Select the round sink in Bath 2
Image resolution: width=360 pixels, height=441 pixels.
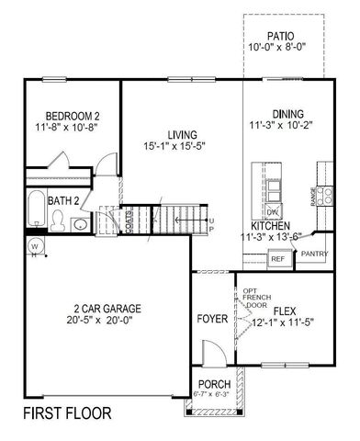(81, 224)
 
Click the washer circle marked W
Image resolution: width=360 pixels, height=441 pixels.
(34, 245)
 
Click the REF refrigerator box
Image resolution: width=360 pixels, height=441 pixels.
(277, 259)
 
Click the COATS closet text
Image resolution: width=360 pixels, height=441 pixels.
(129, 220)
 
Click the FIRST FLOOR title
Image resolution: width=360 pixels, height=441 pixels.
(67, 413)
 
